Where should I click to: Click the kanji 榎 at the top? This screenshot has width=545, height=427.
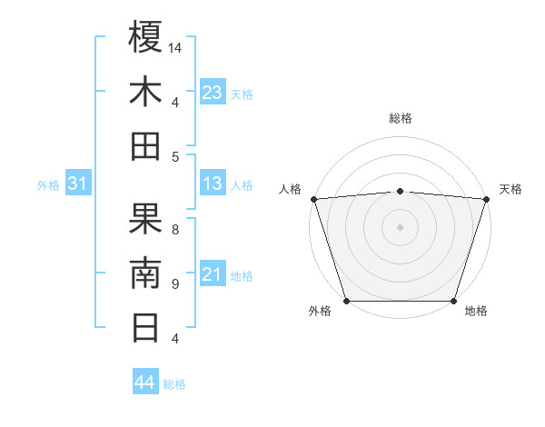click(145, 37)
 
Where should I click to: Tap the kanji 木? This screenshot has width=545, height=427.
click(145, 92)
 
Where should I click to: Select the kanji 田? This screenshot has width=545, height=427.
click(145, 145)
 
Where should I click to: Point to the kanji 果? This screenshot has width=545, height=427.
click(145, 219)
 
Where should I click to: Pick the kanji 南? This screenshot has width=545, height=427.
click(145, 273)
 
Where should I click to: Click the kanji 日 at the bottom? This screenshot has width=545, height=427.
click(145, 327)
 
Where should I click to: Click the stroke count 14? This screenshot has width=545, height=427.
click(175, 47)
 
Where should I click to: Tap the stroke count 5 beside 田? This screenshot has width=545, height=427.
click(175, 156)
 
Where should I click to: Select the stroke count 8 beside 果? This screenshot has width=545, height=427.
click(175, 229)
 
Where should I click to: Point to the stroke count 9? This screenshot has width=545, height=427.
click(175, 283)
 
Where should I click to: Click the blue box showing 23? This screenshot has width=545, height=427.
click(213, 92)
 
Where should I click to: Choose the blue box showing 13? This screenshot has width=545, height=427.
click(213, 184)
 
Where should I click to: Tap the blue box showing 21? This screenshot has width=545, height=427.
click(213, 274)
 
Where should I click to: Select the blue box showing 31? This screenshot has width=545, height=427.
click(77, 184)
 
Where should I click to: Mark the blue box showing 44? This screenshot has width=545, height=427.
click(145, 382)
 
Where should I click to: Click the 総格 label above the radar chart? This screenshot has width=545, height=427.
click(400, 118)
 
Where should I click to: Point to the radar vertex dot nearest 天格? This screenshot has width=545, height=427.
click(486, 199)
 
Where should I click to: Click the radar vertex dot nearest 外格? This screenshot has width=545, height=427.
click(346, 301)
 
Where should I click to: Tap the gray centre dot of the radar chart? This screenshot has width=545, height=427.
click(400, 227)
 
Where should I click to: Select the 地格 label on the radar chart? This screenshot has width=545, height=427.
click(476, 312)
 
